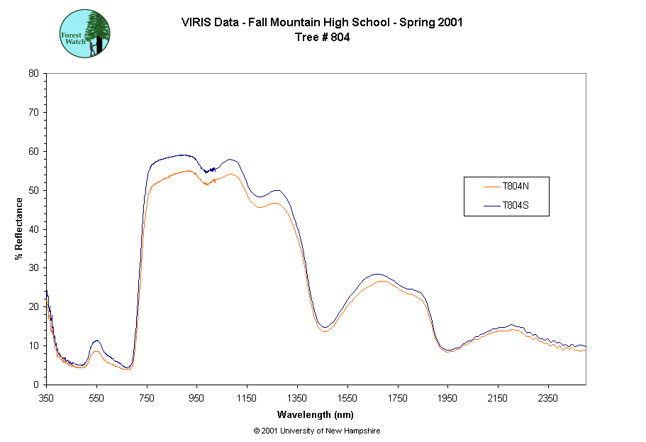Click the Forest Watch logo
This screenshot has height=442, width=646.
coord(84,33)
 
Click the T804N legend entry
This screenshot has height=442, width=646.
coord(516,187)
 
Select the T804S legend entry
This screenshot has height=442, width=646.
coord(516,206)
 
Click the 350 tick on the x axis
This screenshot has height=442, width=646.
coord(46,398)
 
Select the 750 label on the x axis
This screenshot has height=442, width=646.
coord(147,398)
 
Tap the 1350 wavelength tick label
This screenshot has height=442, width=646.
coord(297,398)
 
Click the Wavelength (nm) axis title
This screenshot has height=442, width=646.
coord(316,414)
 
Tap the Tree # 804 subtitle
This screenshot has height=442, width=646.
coord(322,38)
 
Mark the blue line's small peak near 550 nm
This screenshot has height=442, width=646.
coord(96,341)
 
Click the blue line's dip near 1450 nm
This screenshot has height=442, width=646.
coord(324,327)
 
